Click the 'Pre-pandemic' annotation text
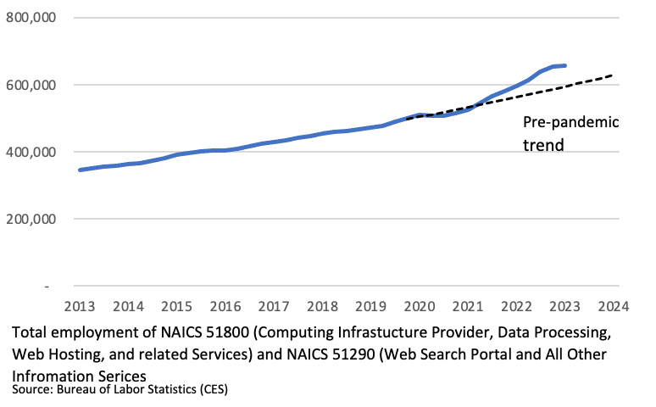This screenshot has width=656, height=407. [570, 122]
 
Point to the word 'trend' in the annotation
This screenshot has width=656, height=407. [542, 145]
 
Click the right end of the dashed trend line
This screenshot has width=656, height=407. [612, 75]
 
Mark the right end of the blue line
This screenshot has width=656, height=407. [565, 65]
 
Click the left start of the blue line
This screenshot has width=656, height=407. [80, 170]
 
